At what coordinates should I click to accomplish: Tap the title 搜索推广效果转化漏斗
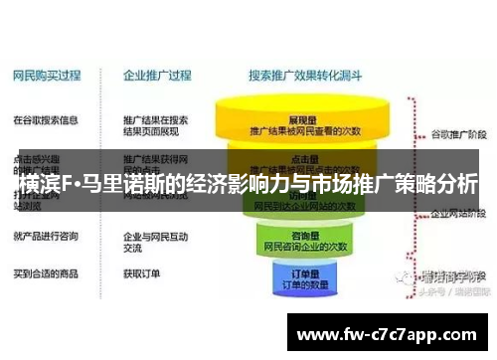point(305,75)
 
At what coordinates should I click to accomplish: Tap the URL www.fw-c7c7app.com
point(386,334)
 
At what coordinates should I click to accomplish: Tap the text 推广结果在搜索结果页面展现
point(155,126)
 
